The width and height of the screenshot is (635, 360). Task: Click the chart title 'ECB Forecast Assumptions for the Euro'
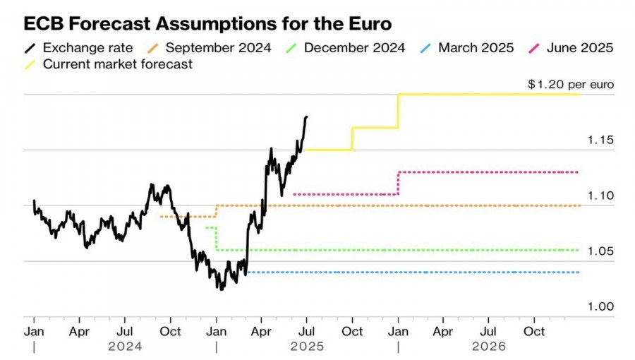click(x=207, y=24)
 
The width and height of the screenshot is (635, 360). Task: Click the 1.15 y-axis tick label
click(x=600, y=140)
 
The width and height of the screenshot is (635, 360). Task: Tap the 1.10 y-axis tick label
click(x=600, y=196)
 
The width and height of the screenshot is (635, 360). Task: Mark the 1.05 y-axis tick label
click(x=600, y=251)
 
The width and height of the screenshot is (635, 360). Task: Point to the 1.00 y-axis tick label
click(x=600, y=306)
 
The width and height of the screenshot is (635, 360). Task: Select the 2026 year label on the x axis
click(x=488, y=347)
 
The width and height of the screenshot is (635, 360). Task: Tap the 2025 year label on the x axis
click(x=306, y=347)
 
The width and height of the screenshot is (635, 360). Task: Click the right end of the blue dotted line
click(x=579, y=272)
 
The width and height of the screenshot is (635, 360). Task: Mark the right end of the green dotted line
click(x=579, y=250)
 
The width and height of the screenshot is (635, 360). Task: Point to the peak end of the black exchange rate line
click(x=306, y=116)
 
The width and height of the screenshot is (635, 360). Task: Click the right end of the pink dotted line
click(x=579, y=172)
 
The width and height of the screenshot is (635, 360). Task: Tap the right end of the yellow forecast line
click(x=579, y=95)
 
